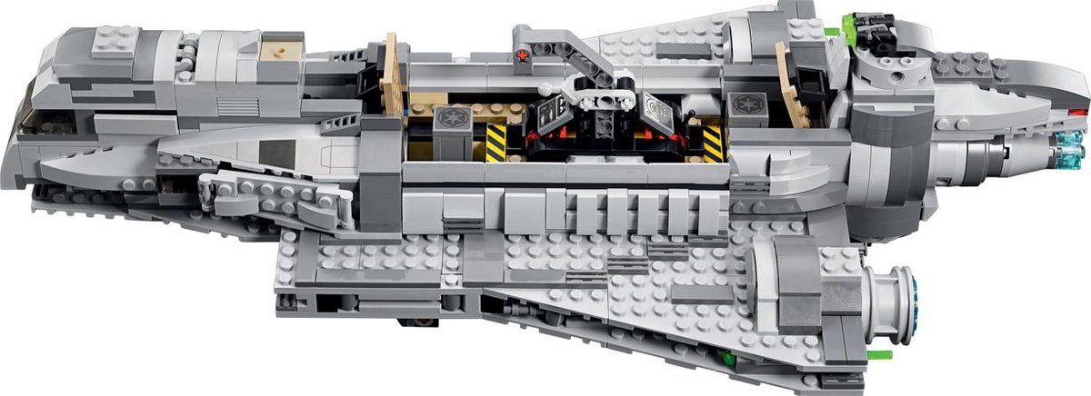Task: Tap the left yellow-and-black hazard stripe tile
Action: click(x=495, y=143)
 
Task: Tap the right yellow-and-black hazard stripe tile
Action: click(x=714, y=142)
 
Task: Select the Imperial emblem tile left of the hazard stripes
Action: click(x=451, y=118)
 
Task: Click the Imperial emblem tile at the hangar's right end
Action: click(x=742, y=104)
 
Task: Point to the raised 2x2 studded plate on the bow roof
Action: click(x=113, y=41)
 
